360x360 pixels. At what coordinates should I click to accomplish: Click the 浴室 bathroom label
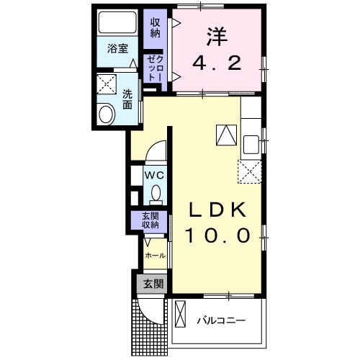(x=117, y=49)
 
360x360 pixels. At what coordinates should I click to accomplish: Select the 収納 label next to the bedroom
(x=156, y=27)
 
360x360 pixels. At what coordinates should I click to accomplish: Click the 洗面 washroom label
(x=127, y=99)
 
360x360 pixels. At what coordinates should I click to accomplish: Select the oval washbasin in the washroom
(x=105, y=114)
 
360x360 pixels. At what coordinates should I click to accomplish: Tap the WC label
(x=155, y=175)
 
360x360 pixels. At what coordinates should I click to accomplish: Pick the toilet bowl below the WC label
(x=155, y=193)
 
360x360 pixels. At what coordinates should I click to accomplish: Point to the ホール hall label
(x=155, y=256)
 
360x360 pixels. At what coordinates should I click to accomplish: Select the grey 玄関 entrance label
(x=152, y=283)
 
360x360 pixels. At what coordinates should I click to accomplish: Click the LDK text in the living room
(x=217, y=210)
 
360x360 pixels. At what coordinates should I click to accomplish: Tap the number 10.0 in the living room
(x=219, y=235)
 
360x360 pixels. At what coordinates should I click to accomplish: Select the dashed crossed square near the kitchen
(x=250, y=171)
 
